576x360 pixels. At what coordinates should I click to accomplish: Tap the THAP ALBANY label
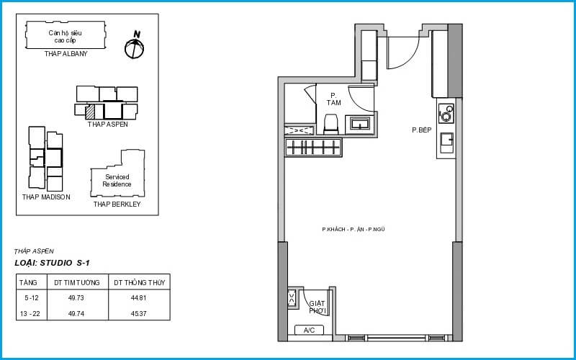click(66, 54)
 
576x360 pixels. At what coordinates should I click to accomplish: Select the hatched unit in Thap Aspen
click(89, 112)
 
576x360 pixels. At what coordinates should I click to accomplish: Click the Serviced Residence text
click(117, 181)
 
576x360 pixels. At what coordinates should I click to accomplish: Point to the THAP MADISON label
click(46, 197)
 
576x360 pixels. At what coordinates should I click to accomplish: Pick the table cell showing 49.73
click(76, 298)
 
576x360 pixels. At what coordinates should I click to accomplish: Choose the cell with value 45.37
click(139, 314)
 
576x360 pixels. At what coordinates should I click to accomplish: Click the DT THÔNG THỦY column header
click(140, 282)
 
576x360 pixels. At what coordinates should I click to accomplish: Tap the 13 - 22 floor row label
click(31, 314)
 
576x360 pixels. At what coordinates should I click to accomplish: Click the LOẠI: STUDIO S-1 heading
click(52, 263)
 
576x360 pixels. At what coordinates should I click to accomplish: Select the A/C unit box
click(310, 330)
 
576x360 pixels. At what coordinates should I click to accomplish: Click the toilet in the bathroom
click(330, 124)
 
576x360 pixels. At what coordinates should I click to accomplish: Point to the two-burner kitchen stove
click(446, 114)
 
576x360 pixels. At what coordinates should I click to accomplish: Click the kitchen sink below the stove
click(446, 142)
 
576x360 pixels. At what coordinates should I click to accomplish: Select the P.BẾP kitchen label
click(421, 130)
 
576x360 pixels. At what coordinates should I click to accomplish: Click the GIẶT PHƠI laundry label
click(318, 307)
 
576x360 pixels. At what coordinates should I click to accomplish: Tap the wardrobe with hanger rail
click(313, 148)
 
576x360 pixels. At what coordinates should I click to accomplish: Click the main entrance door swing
click(403, 53)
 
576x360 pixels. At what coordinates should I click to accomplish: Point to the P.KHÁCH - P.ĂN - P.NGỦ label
click(354, 229)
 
